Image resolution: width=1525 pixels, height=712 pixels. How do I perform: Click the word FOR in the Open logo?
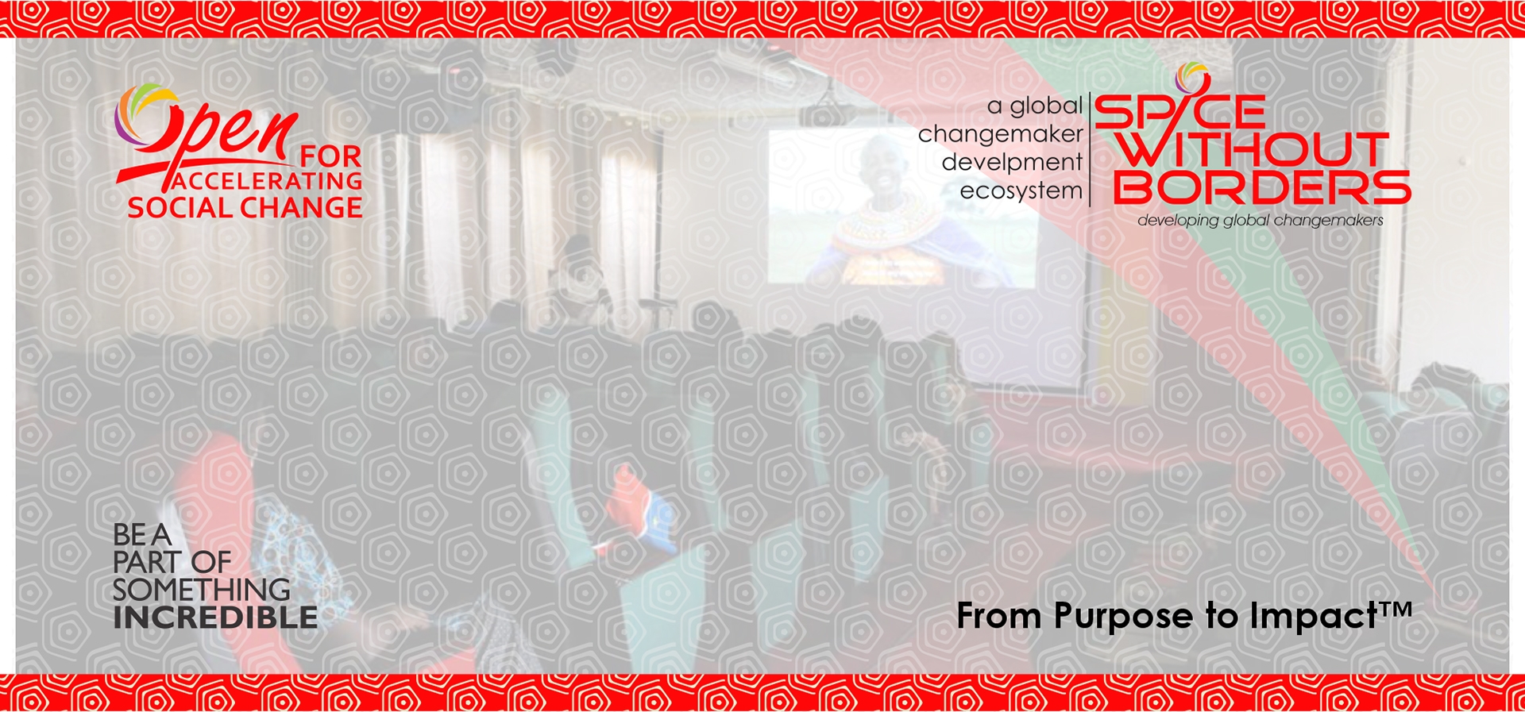point(330,156)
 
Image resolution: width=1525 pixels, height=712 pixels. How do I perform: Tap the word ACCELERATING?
point(267,181)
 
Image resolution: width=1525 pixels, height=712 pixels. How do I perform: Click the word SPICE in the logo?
point(1179,111)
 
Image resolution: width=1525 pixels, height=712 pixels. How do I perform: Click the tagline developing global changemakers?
point(1261,221)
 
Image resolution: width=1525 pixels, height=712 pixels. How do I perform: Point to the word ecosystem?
point(1021,191)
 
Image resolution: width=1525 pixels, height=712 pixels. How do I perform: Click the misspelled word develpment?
point(1012,163)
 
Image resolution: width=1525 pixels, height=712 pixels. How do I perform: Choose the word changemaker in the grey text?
point(1000,134)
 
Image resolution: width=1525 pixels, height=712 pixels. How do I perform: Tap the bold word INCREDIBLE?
point(215,618)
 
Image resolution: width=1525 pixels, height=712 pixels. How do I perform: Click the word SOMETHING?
point(202,590)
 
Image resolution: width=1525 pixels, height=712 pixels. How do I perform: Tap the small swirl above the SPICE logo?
point(1191,77)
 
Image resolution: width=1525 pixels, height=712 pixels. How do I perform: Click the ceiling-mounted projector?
point(822,115)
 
